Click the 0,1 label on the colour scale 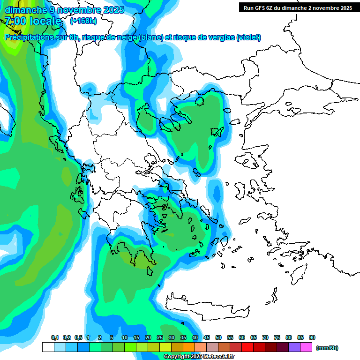pyautogui.click(x=55, y=337)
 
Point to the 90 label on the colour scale pyautogui.click(x=312, y=337)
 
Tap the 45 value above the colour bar pyautogui.click(x=207, y=337)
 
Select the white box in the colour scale pyautogui.click(x=48, y=347)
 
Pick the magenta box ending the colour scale pyautogui.click(x=306, y=347)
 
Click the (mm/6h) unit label pyautogui.click(x=327, y=348)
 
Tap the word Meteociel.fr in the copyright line pyautogui.click(x=218, y=357)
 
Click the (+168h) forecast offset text pyautogui.click(x=83, y=21)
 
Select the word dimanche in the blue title pyautogui.click(x=24, y=9)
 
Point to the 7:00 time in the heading pyautogui.click(x=15, y=21)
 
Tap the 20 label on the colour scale pyautogui.click(x=148, y=337)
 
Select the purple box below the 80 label pyautogui.click(x=294, y=347)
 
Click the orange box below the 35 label pyautogui.click(x=189, y=347)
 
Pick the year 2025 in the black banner pyautogui.click(x=345, y=8)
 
